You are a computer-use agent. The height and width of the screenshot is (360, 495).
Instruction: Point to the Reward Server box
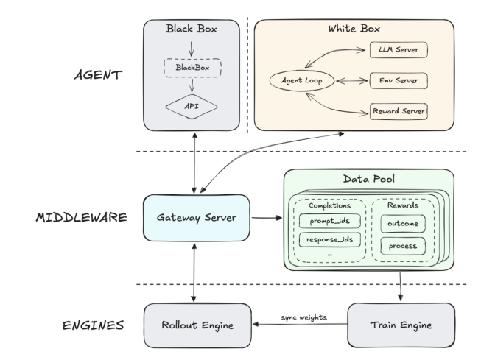pyautogui.click(x=399, y=111)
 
